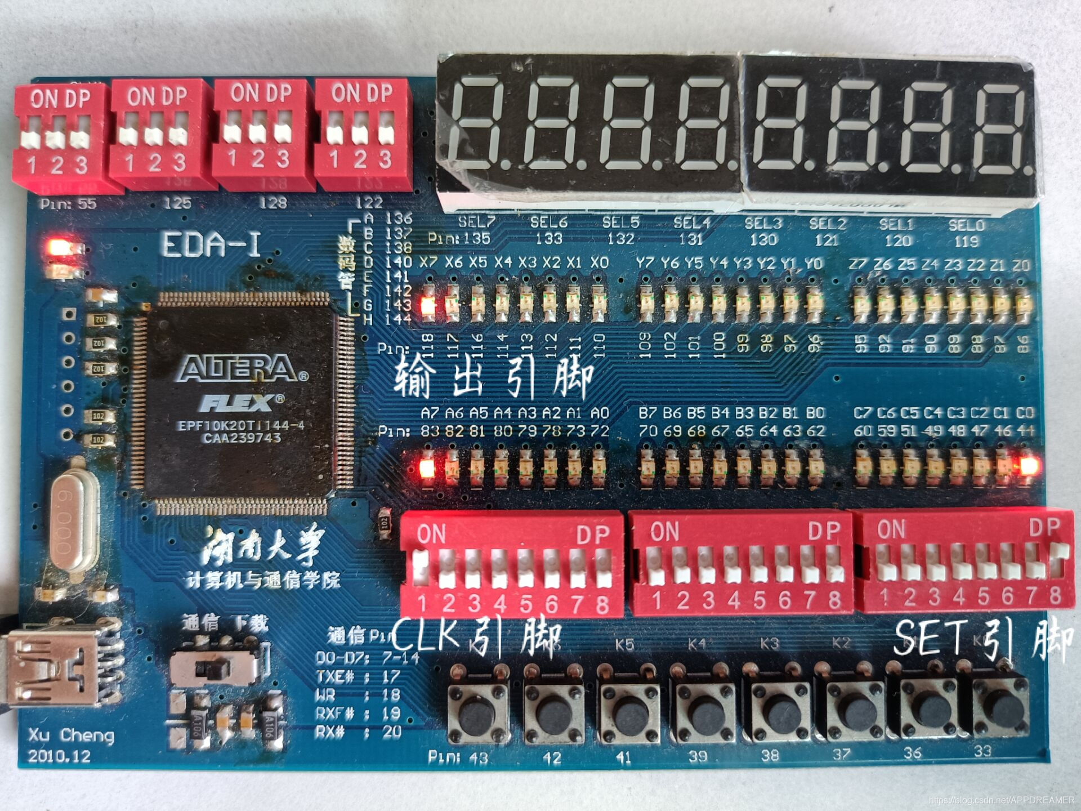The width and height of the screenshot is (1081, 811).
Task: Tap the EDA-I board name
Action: click(211, 245)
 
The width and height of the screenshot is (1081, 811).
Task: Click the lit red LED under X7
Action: click(428, 306)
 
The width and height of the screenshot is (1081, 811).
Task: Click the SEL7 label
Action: click(476, 222)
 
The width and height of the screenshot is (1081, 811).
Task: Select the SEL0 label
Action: click(966, 225)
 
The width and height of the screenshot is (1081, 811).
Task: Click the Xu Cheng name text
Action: click(72, 735)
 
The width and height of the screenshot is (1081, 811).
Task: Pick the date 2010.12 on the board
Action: click(59, 756)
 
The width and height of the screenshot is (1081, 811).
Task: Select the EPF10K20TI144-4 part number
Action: click(241, 426)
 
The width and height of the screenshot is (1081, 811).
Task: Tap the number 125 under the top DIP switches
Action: click(177, 203)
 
